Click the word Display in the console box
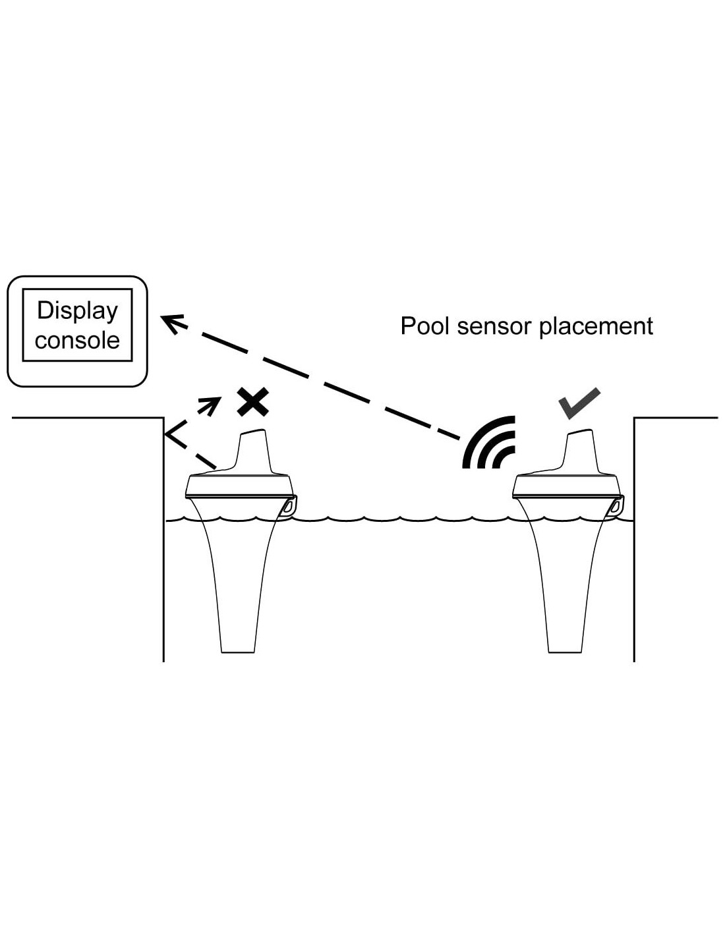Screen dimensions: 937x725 tap(77, 311)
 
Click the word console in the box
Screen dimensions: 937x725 tap(77, 340)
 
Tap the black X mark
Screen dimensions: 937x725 tap(253, 403)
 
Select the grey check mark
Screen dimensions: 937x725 tap(579, 403)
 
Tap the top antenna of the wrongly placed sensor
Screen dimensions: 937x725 tap(254, 451)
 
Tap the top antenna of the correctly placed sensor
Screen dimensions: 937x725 tap(581, 451)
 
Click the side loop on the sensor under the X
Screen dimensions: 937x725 tap(289, 506)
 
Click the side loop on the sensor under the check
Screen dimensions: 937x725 tap(616, 506)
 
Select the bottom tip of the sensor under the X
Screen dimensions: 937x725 tap(238, 650)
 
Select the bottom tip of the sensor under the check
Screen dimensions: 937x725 tap(565, 650)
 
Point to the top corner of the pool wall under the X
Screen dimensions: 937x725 tap(163, 418)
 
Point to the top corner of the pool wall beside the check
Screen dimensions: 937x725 tap(634, 418)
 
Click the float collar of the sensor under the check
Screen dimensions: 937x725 tap(567, 486)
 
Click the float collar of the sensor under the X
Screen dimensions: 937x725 tap(240, 486)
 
